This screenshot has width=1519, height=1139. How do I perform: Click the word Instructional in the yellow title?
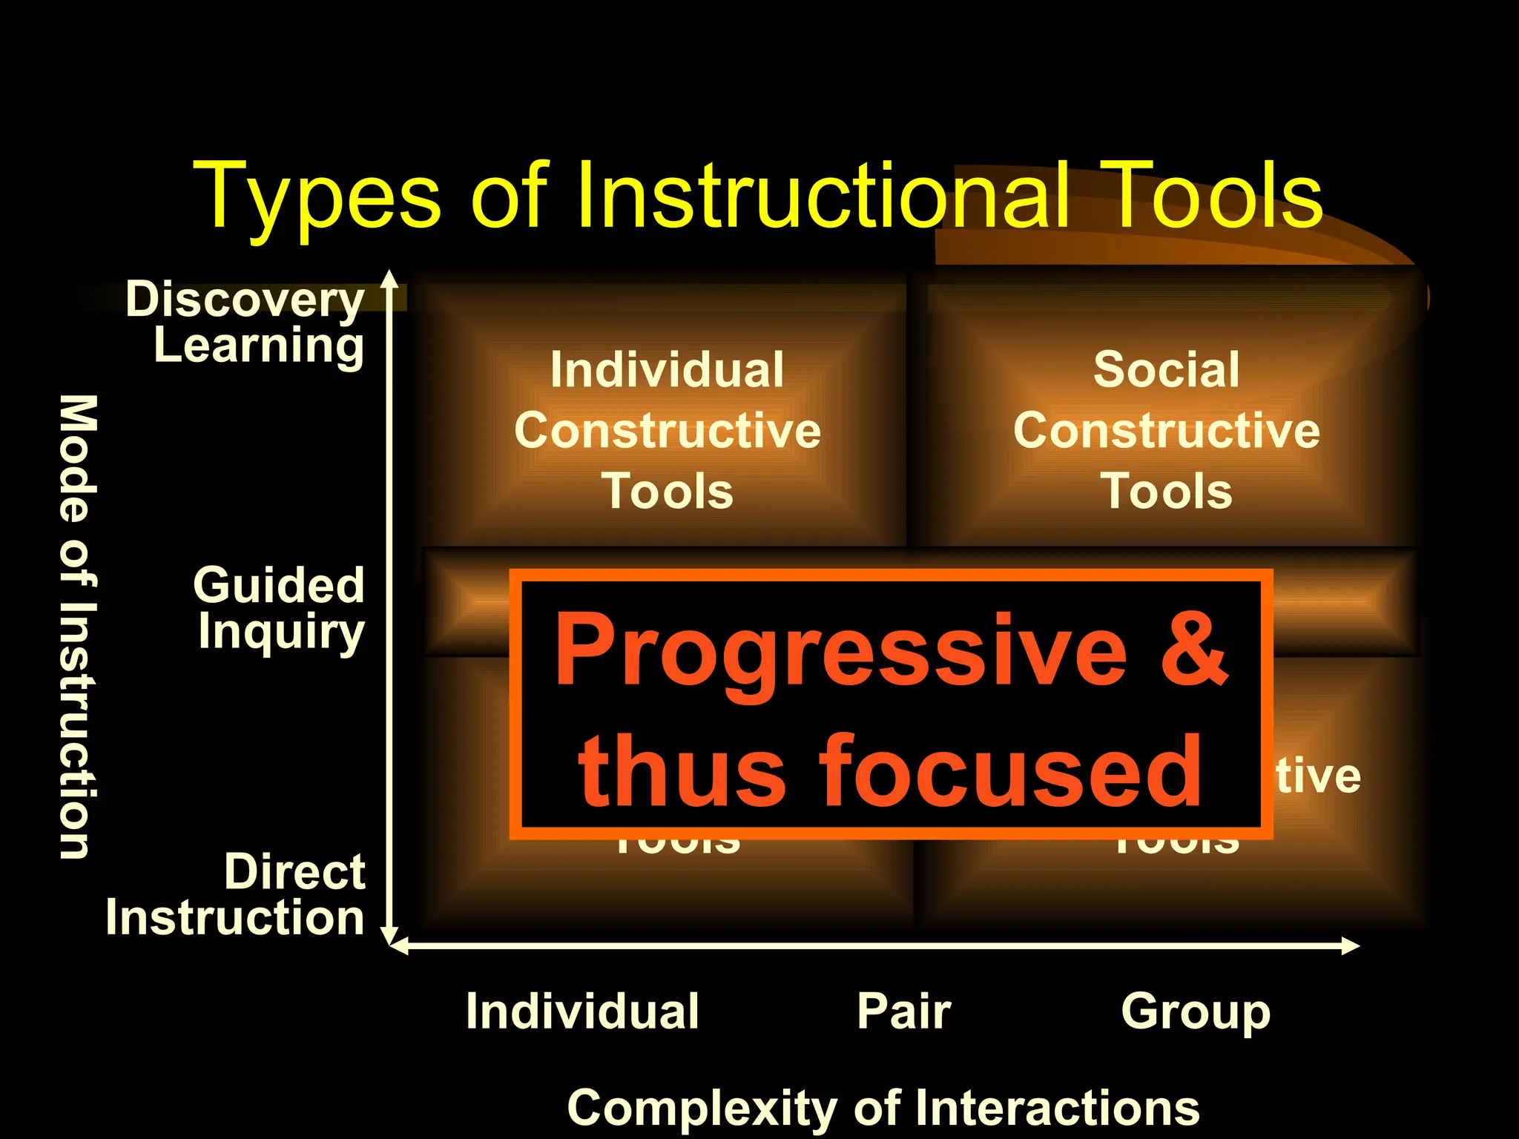823,196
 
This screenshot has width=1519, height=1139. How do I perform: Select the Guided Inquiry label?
280,608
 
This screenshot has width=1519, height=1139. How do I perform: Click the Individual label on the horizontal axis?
582,1011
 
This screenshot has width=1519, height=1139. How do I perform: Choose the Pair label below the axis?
903,1011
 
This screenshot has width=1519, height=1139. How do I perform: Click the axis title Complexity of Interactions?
883,1108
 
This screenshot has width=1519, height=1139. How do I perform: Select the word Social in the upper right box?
1166,369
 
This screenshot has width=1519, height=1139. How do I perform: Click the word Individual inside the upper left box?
667,369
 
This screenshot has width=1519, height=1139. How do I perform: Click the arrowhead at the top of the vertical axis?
390,279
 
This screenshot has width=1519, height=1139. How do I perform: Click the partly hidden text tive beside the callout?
1318,776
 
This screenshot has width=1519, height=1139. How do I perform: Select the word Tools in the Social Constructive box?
1166,491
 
